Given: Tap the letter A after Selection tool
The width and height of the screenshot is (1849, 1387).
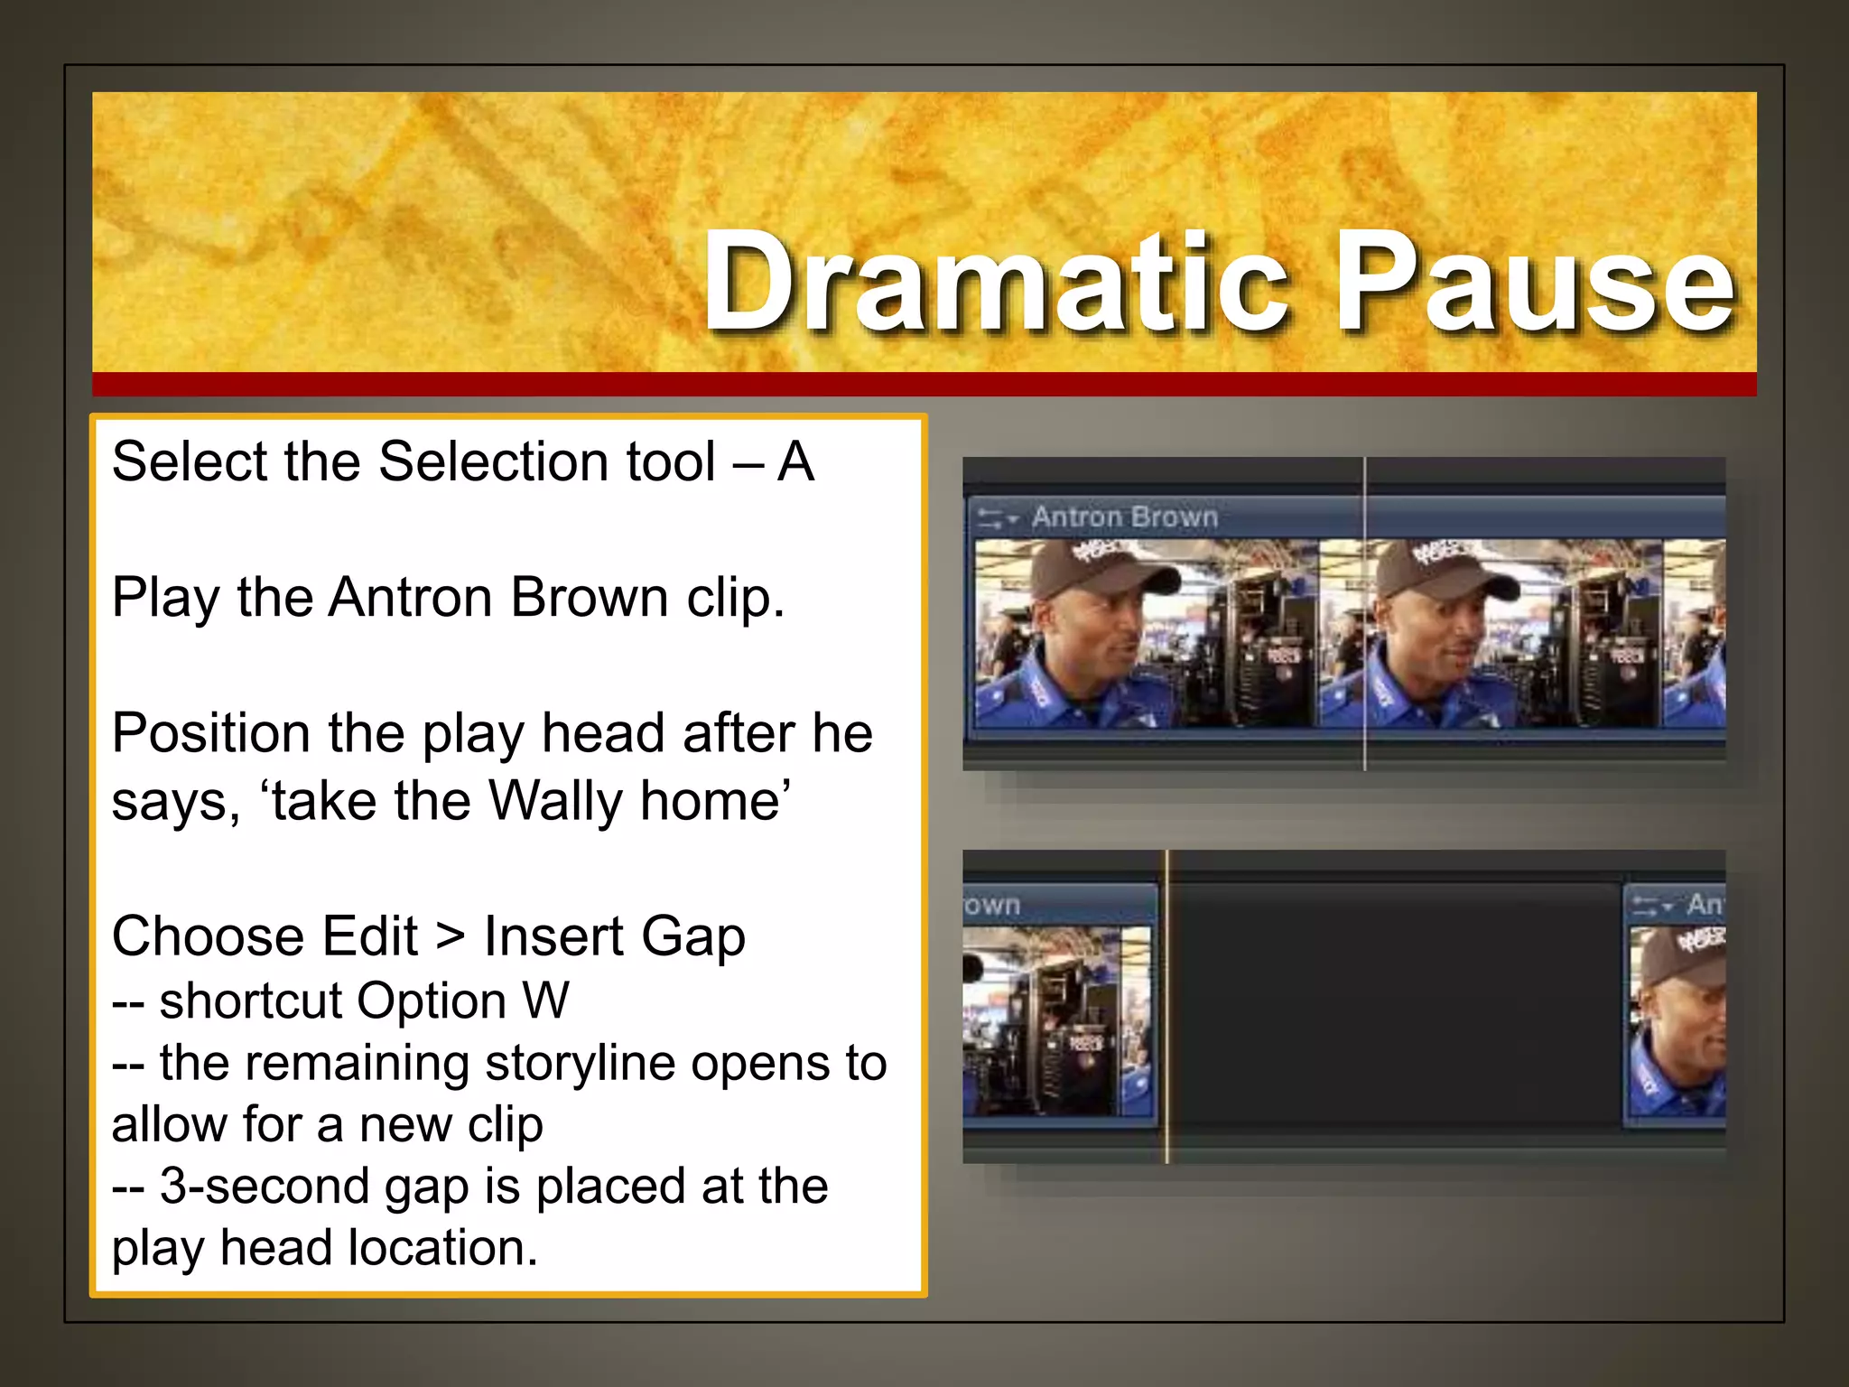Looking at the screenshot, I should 795,462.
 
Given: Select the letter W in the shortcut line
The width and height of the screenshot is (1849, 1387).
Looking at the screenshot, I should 545,1001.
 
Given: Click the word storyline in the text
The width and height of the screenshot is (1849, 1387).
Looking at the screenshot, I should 580,1063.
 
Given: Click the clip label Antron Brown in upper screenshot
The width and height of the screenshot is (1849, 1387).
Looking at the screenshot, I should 1125,517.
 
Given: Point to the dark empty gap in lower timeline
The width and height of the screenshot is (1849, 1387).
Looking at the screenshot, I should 1395,1002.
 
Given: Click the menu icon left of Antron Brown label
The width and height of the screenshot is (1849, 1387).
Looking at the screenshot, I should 997,518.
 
